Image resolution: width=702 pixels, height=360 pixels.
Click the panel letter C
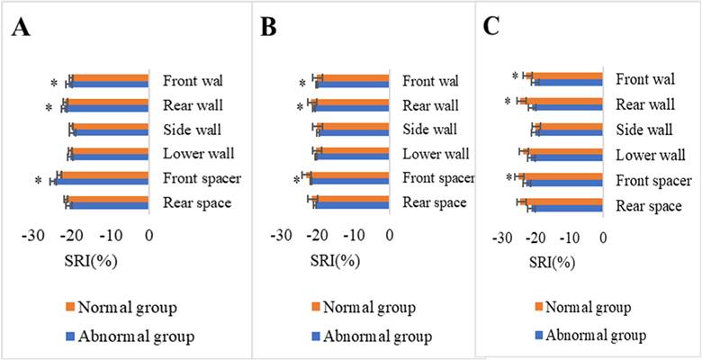[490, 26]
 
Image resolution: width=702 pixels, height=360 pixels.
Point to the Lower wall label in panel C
[649, 155]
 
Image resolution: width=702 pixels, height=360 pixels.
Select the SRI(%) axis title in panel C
[550, 264]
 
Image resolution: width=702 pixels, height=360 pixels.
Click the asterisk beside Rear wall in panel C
[508, 103]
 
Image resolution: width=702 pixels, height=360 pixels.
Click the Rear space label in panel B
[434, 202]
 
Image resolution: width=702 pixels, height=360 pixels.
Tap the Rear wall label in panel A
[193, 105]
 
